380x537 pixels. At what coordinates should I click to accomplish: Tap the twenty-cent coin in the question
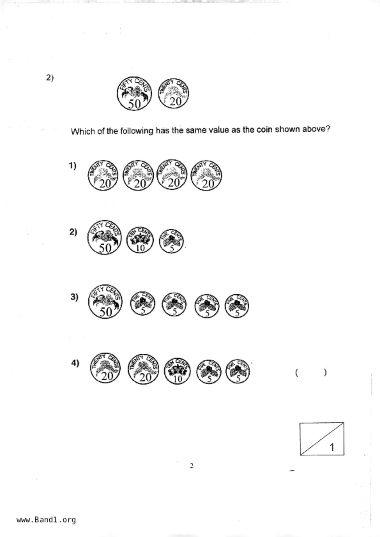click(174, 93)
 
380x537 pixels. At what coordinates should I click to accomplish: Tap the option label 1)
click(72, 166)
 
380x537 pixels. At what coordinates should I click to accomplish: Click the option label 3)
click(74, 297)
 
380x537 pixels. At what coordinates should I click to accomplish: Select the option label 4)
click(75, 363)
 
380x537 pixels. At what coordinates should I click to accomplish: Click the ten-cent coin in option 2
click(140, 240)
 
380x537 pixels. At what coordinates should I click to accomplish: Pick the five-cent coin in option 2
click(171, 241)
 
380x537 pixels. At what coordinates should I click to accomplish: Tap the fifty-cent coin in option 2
click(104, 237)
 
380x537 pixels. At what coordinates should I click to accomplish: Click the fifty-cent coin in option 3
click(105, 301)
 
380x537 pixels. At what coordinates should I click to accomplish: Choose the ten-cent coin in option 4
click(177, 371)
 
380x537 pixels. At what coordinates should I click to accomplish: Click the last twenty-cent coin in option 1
click(206, 175)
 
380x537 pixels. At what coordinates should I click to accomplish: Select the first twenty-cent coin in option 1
click(103, 175)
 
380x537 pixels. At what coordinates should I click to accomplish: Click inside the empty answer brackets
click(311, 373)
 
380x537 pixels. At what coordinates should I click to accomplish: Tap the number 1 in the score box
click(332, 447)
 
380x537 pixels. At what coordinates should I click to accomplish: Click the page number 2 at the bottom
click(192, 466)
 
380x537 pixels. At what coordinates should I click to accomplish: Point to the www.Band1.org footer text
click(46, 520)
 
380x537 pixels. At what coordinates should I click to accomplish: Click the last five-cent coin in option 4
click(238, 371)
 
